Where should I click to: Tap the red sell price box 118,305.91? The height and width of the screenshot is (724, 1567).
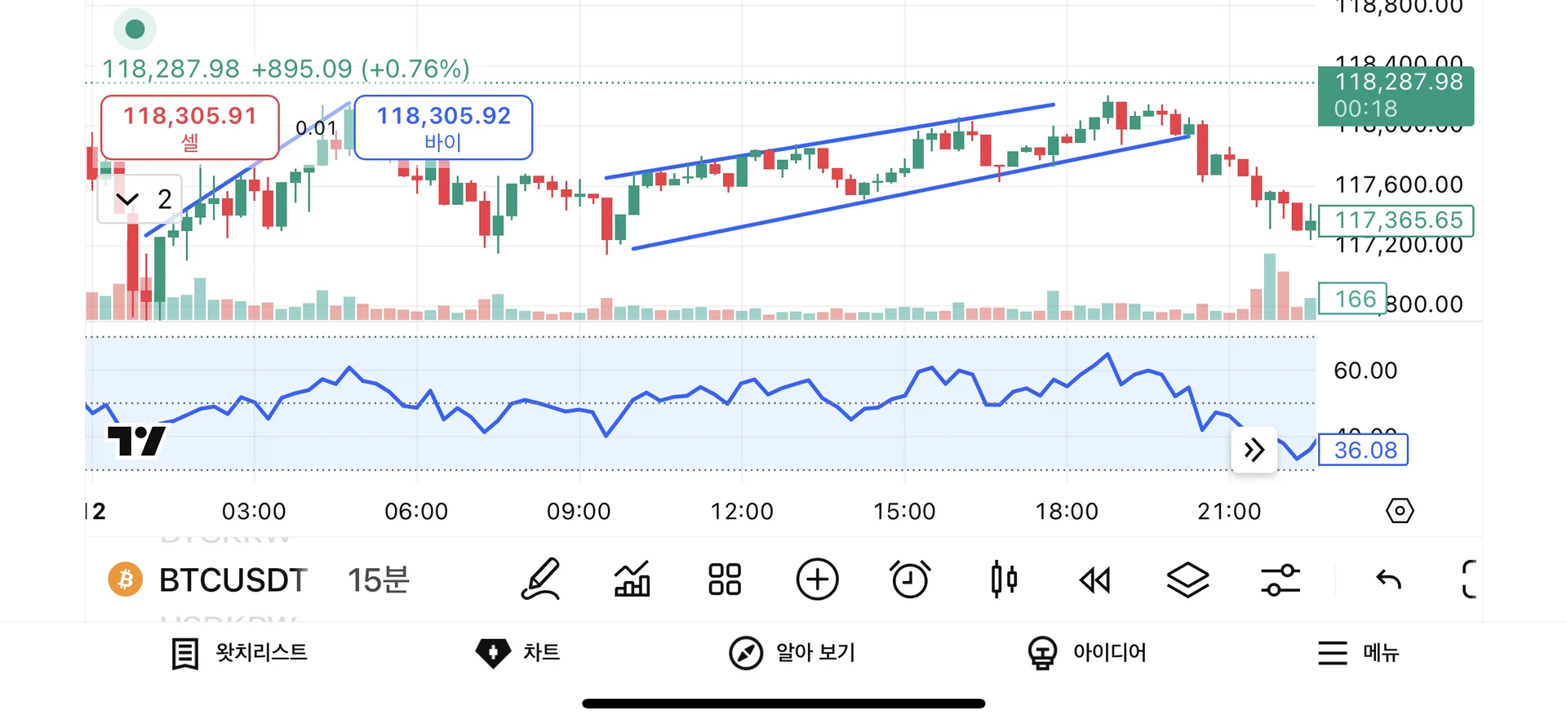(189, 127)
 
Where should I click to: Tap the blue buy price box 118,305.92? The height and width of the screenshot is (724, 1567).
(443, 127)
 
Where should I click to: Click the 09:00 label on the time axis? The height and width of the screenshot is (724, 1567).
(579, 512)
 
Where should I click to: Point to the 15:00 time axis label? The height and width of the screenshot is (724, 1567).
(904, 512)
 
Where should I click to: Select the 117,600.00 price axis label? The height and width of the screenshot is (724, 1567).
(1398, 185)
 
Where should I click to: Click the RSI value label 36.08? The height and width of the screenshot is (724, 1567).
(1365, 450)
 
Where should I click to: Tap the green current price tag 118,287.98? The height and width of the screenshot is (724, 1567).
(1397, 95)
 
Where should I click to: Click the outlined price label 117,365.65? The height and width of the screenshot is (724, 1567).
(1397, 220)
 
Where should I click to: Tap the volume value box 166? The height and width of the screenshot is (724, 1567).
(1354, 300)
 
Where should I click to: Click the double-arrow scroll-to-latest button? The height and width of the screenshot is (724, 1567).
(1254, 450)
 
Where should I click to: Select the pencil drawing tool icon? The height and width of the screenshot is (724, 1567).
(541, 580)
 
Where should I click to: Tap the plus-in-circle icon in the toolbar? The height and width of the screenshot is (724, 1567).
(817, 580)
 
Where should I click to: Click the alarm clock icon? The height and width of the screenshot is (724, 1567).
(910, 580)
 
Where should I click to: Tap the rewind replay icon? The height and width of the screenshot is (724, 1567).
(1095, 580)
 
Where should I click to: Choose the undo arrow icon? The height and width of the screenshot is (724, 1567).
(1388, 580)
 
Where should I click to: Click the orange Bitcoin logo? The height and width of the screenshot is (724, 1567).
(126, 580)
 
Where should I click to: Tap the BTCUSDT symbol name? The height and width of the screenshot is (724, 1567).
(233, 580)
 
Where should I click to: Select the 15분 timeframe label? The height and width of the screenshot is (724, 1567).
(378, 580)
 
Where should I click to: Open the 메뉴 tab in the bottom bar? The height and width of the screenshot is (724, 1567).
(1359, 653)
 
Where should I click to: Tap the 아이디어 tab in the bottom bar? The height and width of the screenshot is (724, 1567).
(1087, 653)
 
